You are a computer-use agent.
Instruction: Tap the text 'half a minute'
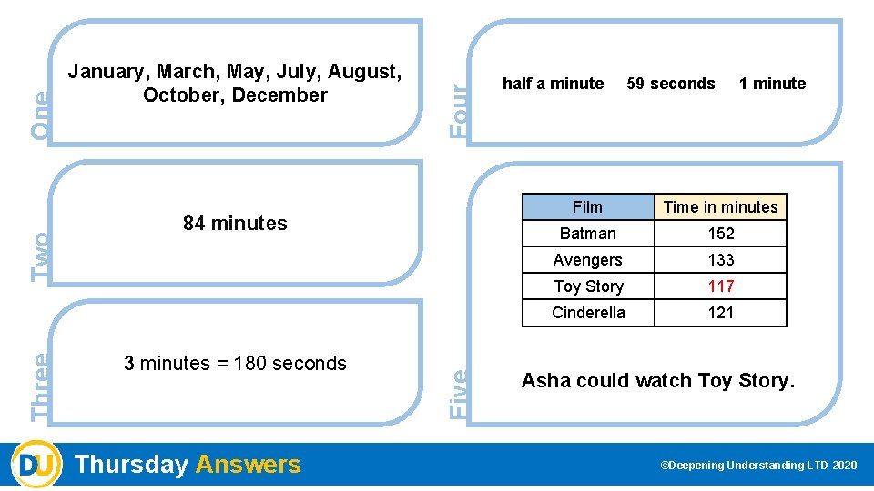tap(553, 84)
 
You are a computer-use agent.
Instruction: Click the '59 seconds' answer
tap(671, 84)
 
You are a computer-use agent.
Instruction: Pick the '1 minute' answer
tap(772, 84)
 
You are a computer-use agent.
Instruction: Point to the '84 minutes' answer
tap(235, 223)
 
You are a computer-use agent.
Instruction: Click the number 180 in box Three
tap(251, 364)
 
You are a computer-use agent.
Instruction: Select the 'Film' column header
tap(587, 207)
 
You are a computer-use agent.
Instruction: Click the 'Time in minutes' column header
tap(720, 207)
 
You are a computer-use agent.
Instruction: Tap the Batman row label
tap(587, 234)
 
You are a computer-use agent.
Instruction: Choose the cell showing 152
tap(720, 234)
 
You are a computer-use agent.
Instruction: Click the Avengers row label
tap(587, 260)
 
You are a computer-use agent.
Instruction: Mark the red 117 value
tap(720, 286)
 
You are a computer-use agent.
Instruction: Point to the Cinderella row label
tap(587, 313)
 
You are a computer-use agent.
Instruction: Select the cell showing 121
tap(720, 313)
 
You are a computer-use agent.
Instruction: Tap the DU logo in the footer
tap(36, 464)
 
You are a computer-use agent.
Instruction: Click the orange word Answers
tap(248, 465)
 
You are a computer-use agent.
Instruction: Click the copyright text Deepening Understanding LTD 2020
tap(758, 466)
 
